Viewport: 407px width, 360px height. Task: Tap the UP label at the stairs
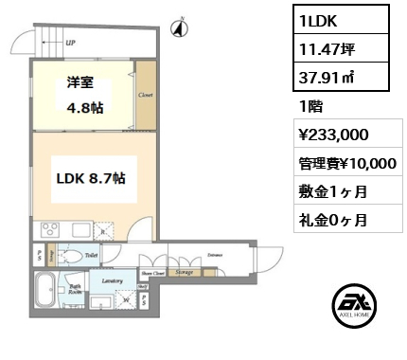pos(72,43)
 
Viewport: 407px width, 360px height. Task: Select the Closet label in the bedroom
pos(145,96)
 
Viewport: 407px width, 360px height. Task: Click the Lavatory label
pos(101,281)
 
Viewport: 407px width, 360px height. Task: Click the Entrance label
pos(217,254)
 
